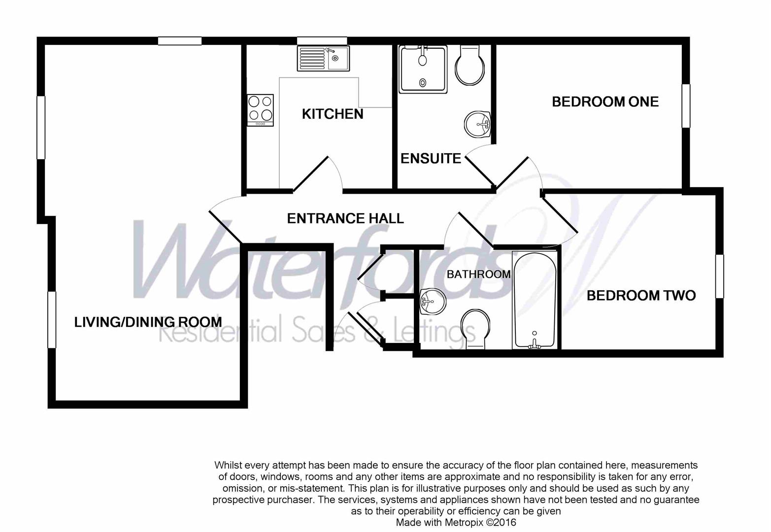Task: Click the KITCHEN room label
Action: [x=333, y=114]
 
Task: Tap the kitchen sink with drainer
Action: [x=323, y=59]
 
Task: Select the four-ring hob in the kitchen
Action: [x=260, y=110]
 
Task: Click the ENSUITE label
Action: [x=431, y=159]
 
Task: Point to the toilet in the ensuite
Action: [x=469, y=65]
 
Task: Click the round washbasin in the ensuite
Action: [x=477, y=124]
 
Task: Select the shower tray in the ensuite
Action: [x=423, y=69]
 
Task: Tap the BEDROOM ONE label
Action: [x=605, y=102]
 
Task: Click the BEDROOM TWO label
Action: [x=641, y=296]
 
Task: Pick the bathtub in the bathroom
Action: [x=535, y=299]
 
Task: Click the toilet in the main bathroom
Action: [x=475, y=329]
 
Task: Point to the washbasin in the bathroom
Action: [x=433, y=301]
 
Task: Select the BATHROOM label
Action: [x=478, y=274]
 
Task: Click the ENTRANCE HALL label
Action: [x=345, y=219]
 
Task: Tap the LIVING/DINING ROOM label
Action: [x=148, y=322]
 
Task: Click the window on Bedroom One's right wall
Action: [x=686, y=105]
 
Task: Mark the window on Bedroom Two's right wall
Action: [x=719, y=276]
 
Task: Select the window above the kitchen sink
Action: [x=322, y=41]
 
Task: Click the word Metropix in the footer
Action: [x=463, y=522]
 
